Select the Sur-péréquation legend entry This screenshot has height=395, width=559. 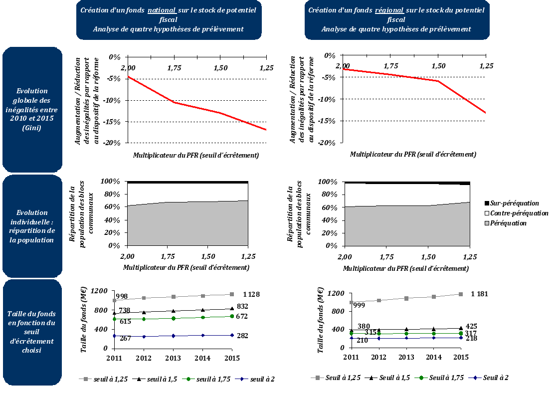pyautogui.click(x=514, y=203)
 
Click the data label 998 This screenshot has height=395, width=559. pyautogui.click(x=122, y=297)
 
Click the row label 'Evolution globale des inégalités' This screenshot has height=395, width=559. pyautogui.click(x=32, y=109)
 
